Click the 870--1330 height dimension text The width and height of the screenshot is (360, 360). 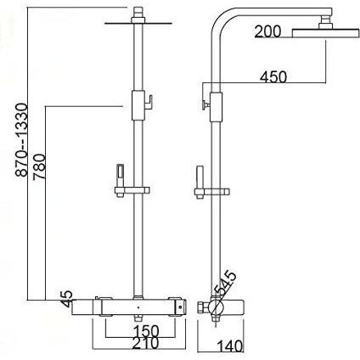[22, 140]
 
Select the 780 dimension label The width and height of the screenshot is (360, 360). [39, 166]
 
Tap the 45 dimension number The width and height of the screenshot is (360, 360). [67, 299]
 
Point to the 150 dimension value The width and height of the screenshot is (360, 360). [146, 331]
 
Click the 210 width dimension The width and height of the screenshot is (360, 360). [145, 344]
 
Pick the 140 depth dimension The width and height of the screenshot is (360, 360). [230, 346]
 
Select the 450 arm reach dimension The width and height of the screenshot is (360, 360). [273, 77]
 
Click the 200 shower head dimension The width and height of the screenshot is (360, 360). [267, 31]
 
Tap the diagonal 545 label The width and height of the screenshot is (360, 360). [225, 283]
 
